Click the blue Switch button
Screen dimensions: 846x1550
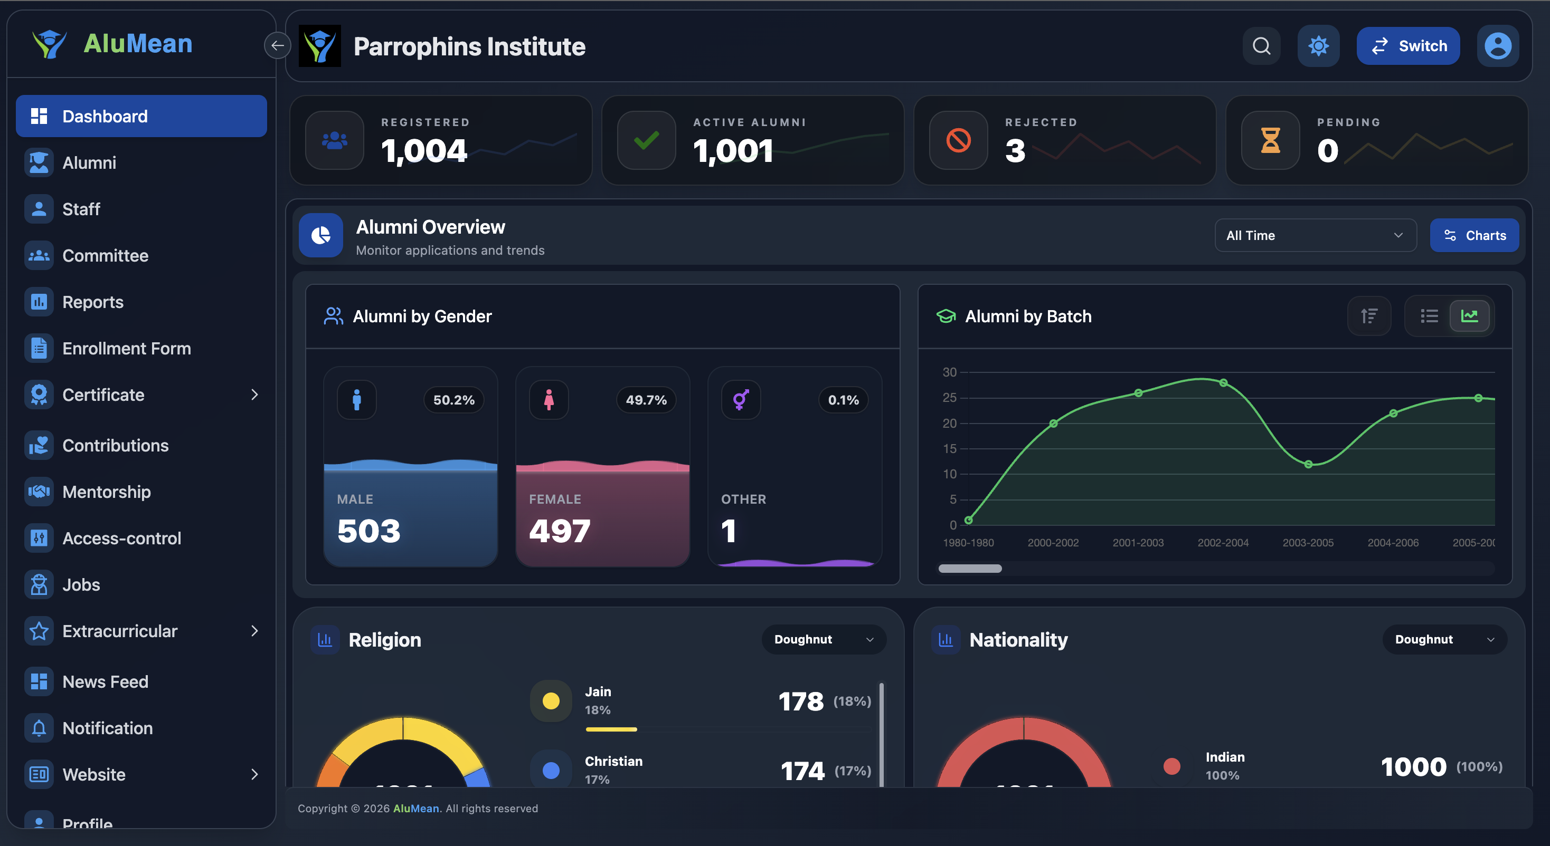(1407, 46)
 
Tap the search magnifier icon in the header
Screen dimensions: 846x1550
(1261, 46)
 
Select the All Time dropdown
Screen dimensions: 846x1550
(1315, 235)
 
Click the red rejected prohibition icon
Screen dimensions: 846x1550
(958, 140)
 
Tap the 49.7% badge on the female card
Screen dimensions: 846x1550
(646, 400)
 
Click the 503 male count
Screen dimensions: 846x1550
(368, 531)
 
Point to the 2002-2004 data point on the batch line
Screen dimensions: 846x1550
(1223, 382)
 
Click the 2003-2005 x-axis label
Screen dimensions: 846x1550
(1308, 542)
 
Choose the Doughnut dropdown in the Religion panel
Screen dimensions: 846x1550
(823, 639)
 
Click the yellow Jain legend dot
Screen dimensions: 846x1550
(551, 700)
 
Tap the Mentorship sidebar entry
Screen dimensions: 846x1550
(106, 492)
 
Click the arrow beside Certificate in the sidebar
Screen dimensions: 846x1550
(254, 395)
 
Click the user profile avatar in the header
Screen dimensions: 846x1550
(1497, 46)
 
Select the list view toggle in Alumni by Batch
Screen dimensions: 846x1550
(1429, 316)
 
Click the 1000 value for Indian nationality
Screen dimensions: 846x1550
(1413, 767)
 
